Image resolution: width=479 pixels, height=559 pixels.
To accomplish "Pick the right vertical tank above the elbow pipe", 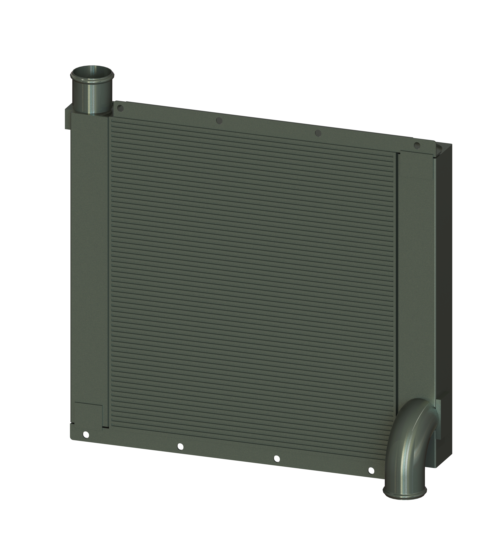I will pyautogui.click(x=415, y=270).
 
